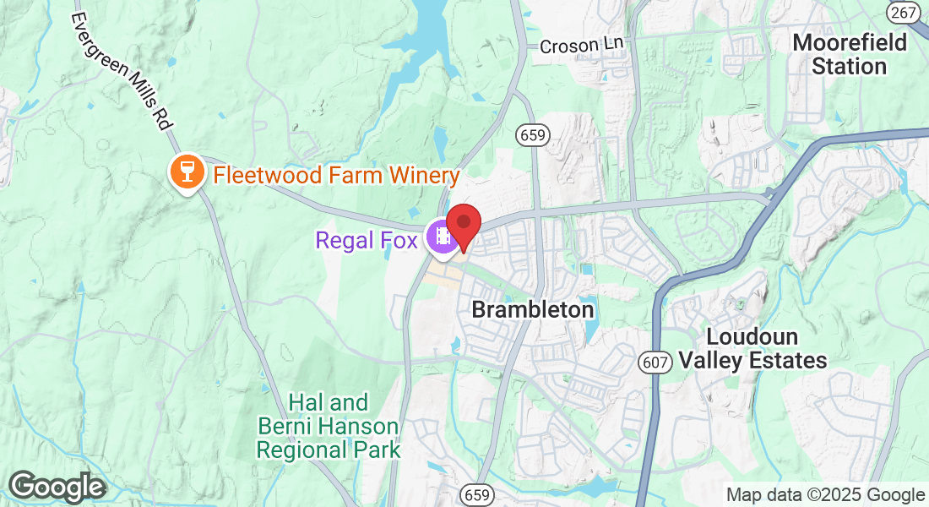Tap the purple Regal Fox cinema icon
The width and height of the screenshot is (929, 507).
point(442,237)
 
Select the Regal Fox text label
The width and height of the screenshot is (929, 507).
point(367,241)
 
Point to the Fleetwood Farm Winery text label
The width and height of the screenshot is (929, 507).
point(336,176)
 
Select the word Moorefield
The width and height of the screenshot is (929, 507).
point(850,42)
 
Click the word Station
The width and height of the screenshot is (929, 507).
point(849,66)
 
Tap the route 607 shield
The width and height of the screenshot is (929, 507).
point(655,362)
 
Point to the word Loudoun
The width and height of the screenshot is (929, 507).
point(752,337)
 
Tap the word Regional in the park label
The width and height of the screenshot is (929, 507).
point(302,449)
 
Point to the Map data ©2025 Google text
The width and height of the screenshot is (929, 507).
point(826,495)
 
